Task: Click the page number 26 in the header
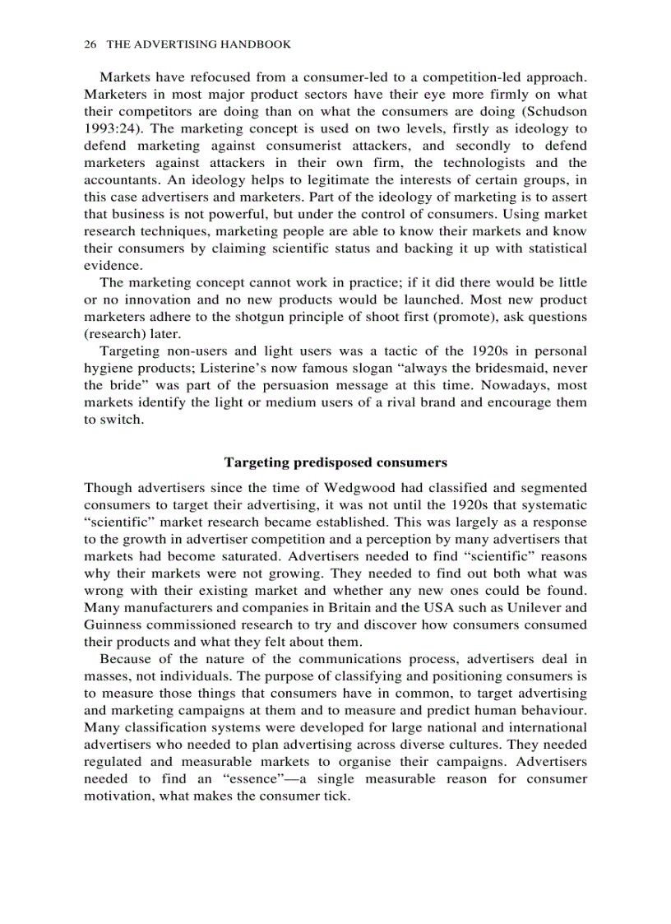(90, 44)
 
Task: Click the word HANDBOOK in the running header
(257, 44)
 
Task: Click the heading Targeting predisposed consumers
(335, 462)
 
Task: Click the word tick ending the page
(336, 796)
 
